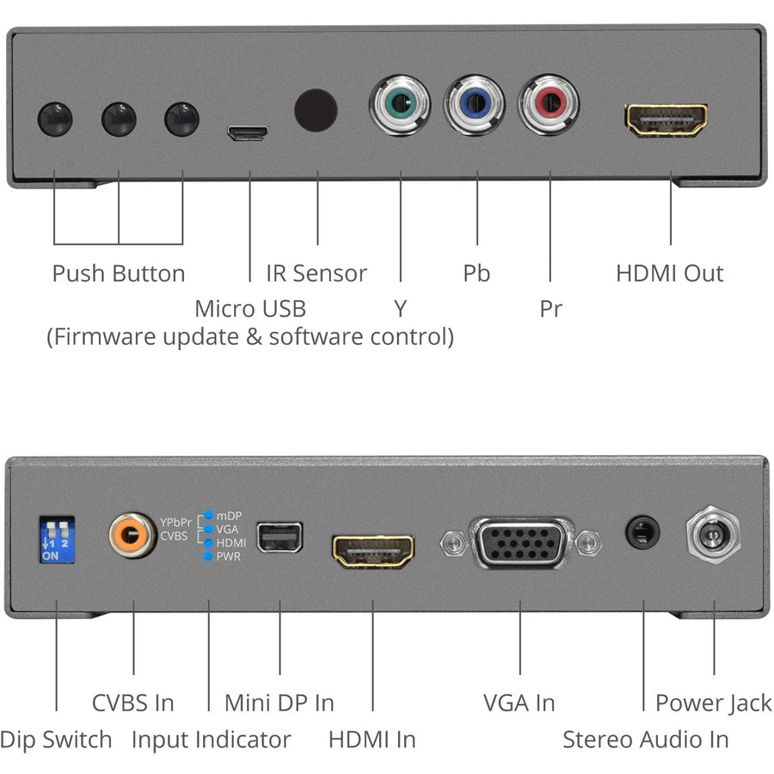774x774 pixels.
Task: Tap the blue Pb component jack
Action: click(475, 106)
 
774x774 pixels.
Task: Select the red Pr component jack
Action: click(549, 106)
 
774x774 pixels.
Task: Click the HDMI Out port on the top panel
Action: click(666, 121)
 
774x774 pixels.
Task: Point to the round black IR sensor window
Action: click(316, 109)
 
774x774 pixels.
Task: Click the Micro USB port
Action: click(248, 132)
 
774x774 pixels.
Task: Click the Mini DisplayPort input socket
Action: click(279, 537)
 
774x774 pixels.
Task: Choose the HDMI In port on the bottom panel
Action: click(373, 550)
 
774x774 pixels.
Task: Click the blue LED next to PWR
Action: click(207, 556)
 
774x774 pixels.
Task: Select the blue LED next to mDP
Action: click(207, 516)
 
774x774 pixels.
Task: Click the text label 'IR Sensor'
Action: click(316, 273)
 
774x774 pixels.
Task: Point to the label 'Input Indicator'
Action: click(211, 740)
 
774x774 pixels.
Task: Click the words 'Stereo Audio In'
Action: click(646, 740)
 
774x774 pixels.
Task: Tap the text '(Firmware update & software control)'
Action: click(249, 336)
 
